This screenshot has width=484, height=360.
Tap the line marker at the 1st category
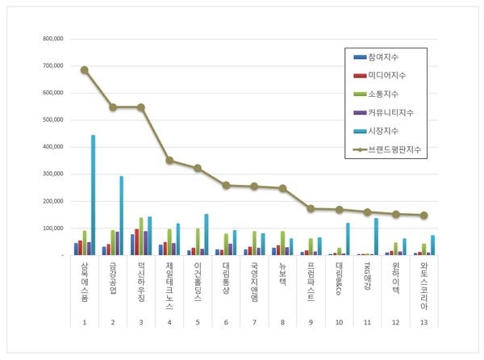84,69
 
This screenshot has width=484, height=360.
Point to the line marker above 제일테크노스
169,160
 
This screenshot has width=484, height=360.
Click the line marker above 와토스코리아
424,216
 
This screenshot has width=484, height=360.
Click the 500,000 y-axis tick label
52,120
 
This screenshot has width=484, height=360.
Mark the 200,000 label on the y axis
52,201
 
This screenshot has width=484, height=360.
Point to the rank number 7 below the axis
254,322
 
